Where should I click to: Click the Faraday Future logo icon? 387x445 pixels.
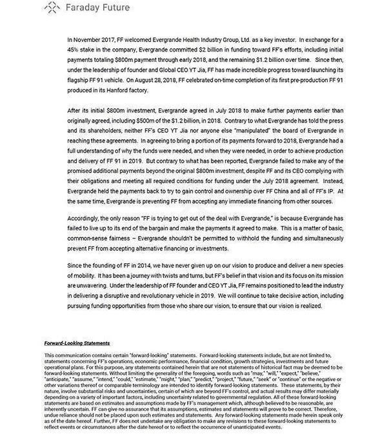click(x=51, y=8)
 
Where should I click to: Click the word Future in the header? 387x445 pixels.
click(x=112, y=8)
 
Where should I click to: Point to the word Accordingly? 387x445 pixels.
click(x=88, y=218)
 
